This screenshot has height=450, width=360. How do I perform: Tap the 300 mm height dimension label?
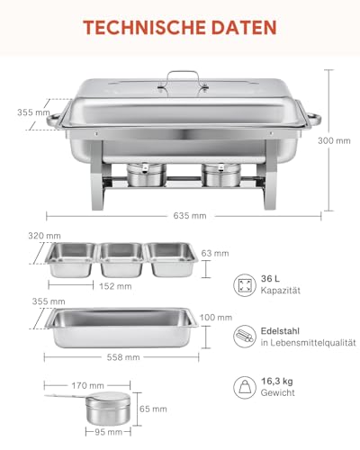point(336,140)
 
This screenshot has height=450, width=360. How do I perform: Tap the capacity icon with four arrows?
point(244,287)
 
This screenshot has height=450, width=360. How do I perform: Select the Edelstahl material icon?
point(244,337)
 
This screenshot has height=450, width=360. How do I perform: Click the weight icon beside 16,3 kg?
point(244,387)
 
